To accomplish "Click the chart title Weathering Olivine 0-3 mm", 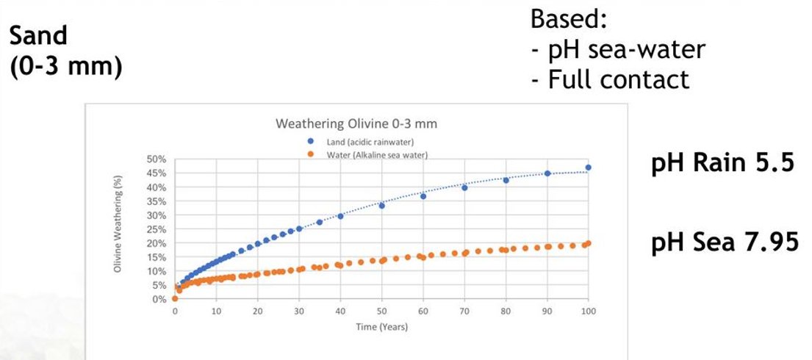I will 356,123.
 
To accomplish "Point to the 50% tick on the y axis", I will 158,159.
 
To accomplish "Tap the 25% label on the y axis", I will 158,229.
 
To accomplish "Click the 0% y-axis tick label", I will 160,299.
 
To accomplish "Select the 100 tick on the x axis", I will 588,312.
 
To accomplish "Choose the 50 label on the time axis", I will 381,312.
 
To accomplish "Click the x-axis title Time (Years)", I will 381,327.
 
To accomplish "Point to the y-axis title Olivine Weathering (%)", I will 118,228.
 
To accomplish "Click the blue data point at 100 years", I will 588,168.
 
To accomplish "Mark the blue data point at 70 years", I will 464,188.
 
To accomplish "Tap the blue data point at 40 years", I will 340,216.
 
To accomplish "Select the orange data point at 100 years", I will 588,243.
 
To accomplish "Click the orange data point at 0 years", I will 175,298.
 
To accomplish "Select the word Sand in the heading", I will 37,35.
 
